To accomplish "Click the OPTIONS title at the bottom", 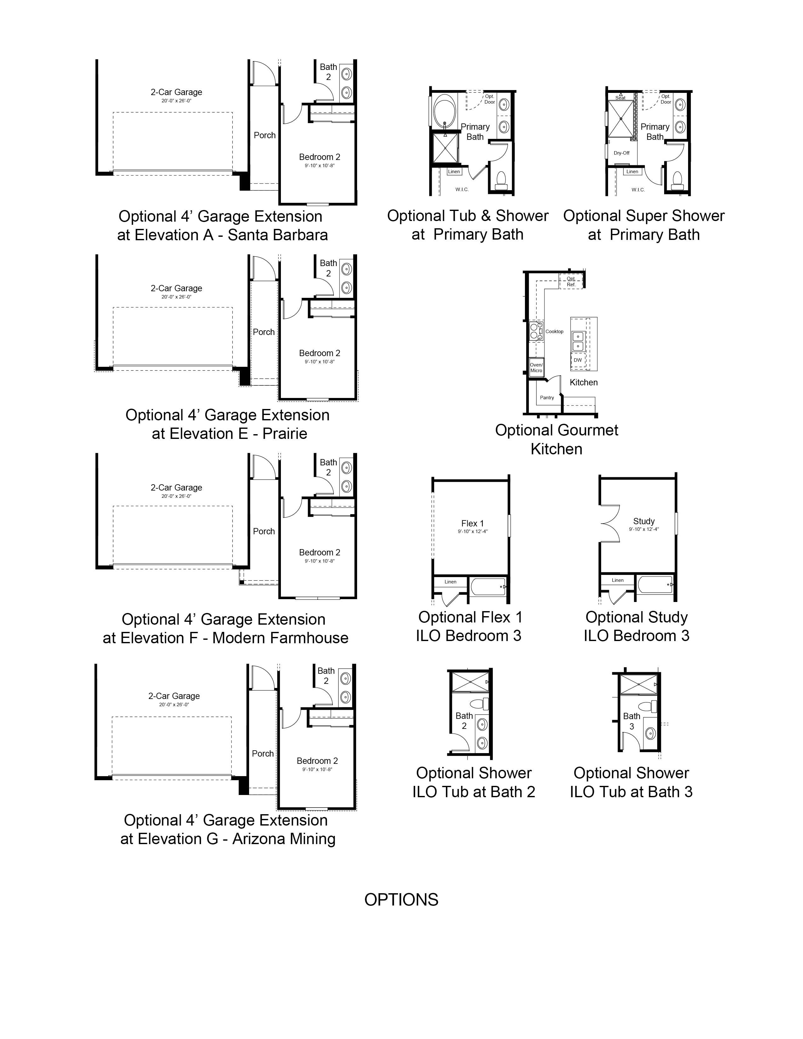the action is [x=401, y=900].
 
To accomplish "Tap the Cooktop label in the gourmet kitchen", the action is [x=554, y=332].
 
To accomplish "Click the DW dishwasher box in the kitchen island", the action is [x=578, y=360].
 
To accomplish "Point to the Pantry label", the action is [x=547, y=398].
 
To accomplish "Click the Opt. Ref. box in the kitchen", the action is [x=571, y=282].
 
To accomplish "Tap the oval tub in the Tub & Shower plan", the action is [x=445, y=111].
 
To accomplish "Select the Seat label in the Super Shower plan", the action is [x=620, y=98].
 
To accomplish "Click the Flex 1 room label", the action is [x=472, y=523].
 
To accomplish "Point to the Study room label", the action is [x=644, y=521].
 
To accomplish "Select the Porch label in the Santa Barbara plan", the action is [x=265, y=135].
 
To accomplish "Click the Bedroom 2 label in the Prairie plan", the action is [x=320, y=353].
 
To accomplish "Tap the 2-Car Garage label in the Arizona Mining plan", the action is [x=174, y=696].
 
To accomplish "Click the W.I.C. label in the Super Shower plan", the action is [x=638, y=190].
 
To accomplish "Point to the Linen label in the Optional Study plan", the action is [x=618, y=580].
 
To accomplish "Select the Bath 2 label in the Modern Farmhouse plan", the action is [x=328, y=467].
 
